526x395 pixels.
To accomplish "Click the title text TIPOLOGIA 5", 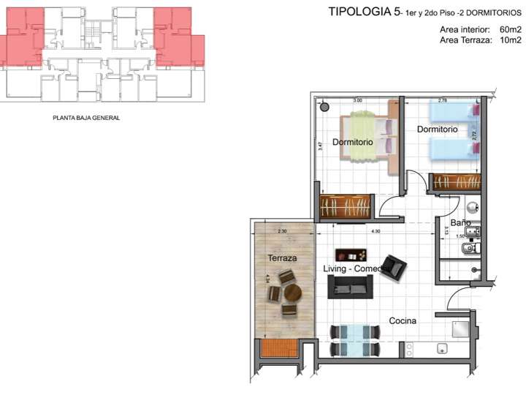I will (359, 12).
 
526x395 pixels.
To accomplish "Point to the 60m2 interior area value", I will (510, 29).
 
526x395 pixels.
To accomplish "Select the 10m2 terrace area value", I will (510, 40).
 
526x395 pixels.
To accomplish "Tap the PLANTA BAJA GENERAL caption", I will (86, 117).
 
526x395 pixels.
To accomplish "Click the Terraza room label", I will (282, 258).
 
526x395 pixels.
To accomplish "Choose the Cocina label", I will (403, 320).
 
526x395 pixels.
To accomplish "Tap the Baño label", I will (460, 222).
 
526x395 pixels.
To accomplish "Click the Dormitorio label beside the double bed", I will (353, 141).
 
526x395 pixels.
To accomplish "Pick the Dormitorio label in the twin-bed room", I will (437, 129).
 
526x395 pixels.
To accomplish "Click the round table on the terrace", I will (293, 293).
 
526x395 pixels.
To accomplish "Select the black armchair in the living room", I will (394, 266).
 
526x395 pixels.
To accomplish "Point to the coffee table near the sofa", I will (352, 255).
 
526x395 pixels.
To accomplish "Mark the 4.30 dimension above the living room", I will (376, 232).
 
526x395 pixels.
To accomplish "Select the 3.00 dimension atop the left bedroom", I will (358, 99).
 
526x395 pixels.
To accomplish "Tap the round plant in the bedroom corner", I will (324, 108).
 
